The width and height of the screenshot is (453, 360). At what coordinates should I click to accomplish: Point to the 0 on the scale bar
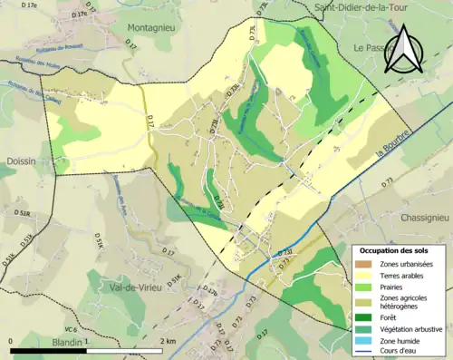coord(11,342)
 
